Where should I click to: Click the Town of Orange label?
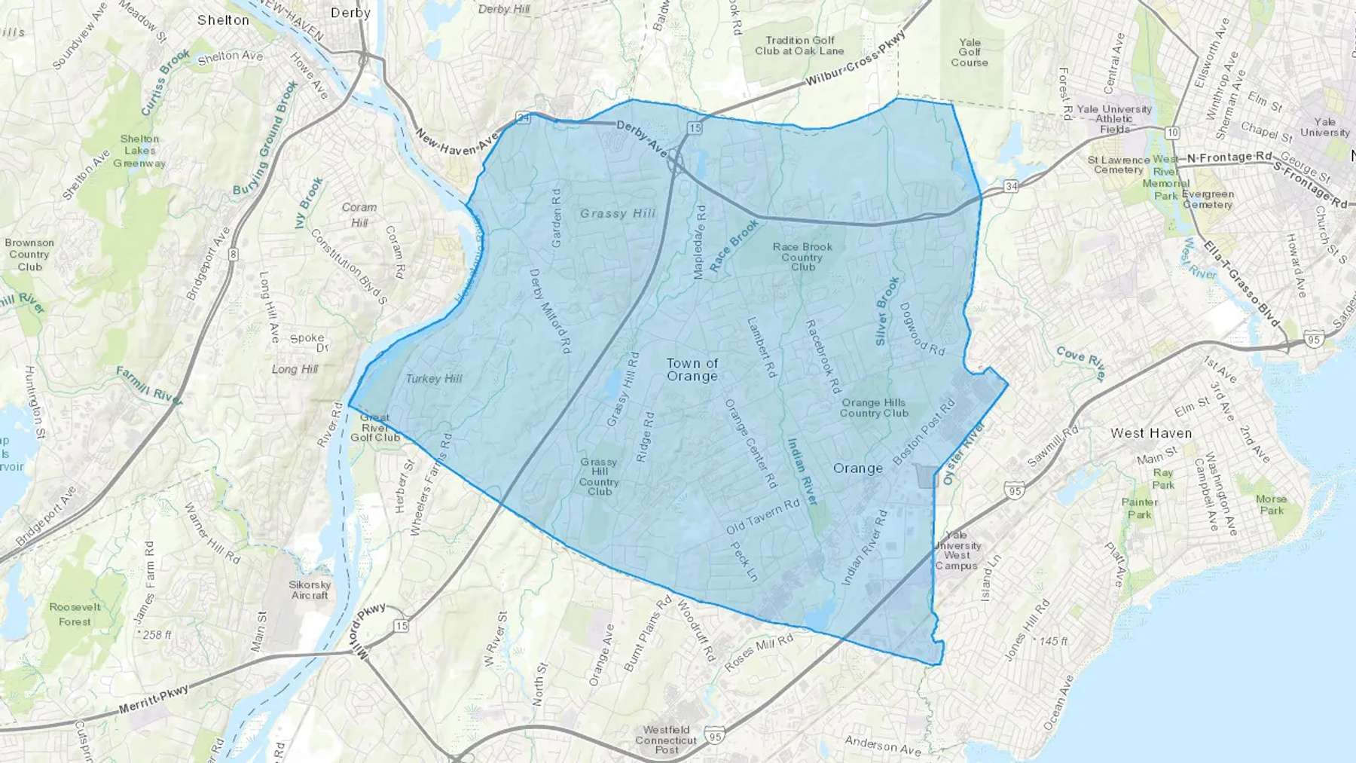[692, 370]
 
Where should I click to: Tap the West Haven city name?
[1151, 433]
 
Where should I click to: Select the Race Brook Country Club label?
[802, 257]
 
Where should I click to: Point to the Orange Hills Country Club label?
[874, 408]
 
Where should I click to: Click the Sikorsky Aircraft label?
[310, 590]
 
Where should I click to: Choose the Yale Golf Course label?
[970, 53]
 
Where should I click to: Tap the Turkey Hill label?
[434, 379]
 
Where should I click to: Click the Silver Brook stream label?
[887, 310]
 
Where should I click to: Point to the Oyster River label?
[964, 453]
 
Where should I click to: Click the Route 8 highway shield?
[234, 255]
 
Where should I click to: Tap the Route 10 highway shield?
[1171, 133]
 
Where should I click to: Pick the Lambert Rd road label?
[761, 346]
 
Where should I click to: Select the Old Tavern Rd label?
[762, 517]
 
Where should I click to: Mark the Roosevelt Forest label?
[75, 615]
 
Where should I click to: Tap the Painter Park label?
[1139, 508]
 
